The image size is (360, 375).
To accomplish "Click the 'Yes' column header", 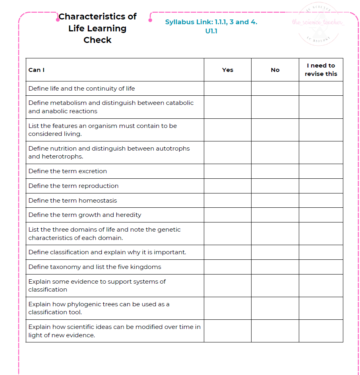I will click(x=228, y=70).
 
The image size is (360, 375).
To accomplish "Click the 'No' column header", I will click(x=275, y=70).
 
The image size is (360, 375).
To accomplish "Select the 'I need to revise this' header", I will click(x=321, y=70).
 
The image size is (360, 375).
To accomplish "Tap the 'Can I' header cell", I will click(x=37, y=70).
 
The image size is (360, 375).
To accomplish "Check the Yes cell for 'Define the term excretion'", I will click(x=228, y=171).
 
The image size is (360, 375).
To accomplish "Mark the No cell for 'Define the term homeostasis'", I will click(x=275, y=201).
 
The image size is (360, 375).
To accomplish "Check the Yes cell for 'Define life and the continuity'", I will click(x=228, y=89).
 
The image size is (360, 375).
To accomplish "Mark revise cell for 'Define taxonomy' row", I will click(x=321, y=267).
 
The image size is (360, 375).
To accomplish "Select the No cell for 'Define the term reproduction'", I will click(x=275, y=186).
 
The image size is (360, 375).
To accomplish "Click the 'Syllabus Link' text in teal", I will click(x=187, y=22).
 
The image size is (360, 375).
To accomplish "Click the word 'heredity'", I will click(x=128, y=215).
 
